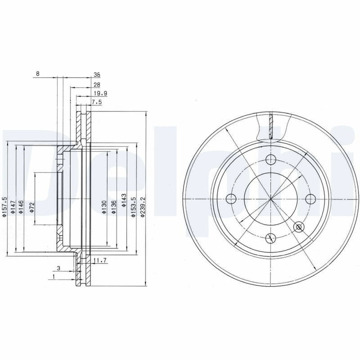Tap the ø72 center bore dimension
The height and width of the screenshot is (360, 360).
tap(31, 207)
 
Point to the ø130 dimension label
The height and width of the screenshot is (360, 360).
tap(104, 207)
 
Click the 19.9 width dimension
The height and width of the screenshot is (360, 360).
tap(100, 94)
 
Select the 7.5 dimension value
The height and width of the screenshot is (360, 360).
tap(97, 102)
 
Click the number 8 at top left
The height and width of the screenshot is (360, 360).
tap(38, 74)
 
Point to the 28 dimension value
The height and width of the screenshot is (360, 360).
tap(97, 85)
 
